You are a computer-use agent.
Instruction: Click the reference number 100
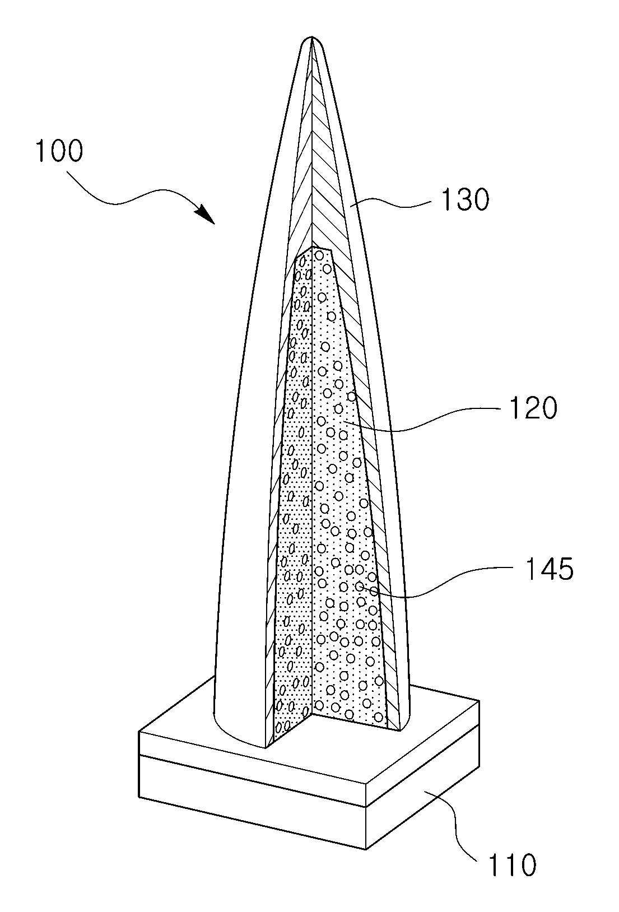click(59, 151)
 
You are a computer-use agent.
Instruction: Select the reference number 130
click(465, 199)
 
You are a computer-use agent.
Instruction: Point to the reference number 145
click(550, 569)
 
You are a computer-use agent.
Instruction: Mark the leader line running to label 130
click(391, 203)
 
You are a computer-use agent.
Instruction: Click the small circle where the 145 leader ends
click(359, 587)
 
